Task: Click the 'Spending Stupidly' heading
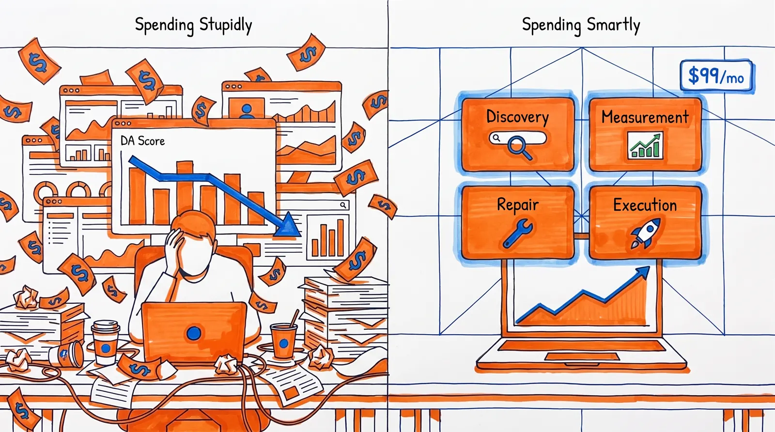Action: pos(193,25)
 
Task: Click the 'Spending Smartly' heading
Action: pos(581,25)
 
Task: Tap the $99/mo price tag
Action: pos(716,76)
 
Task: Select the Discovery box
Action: pos(518,135)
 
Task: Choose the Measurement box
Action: pos(645,135)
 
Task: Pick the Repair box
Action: pos(518,222)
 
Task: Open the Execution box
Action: pos(645,222)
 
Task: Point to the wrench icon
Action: pos(518,233)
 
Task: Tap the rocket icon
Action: pos(646,233)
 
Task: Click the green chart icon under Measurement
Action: pos(645,146)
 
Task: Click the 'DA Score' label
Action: pos(142,141)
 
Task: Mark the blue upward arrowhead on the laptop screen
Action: pos(642,273)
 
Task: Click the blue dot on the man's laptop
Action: pos(194,333)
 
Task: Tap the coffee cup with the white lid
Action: pos(106,342)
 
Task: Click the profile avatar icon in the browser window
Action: pos(247,110)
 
